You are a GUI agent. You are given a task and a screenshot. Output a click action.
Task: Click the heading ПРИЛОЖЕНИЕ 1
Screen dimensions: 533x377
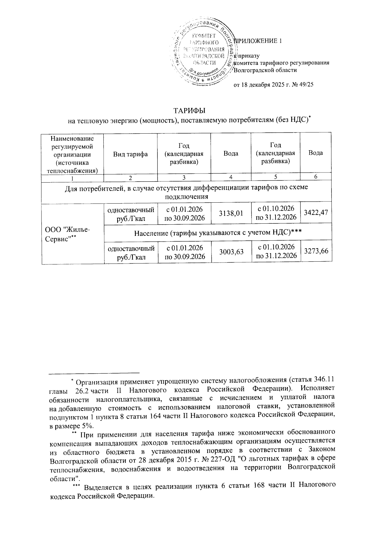click(x=258, y=41)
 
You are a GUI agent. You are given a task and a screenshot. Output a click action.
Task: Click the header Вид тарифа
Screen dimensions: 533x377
click(x=130, y=154)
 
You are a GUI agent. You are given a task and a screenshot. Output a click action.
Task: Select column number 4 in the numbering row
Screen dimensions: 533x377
click(x=231, y=177)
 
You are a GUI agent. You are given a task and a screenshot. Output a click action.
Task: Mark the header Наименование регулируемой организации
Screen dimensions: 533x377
click(x=73, y=154)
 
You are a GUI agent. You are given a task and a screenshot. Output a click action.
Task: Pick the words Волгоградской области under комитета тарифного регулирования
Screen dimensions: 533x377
click(x=266, y=70)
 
